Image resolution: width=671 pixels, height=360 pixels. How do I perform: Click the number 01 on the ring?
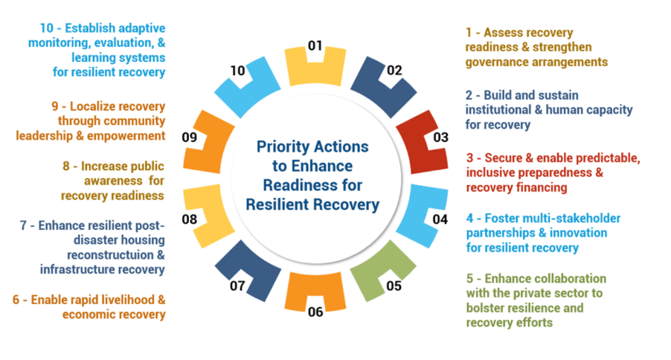click(315, 46)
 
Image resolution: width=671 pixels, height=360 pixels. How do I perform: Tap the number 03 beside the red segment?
click(441, 138)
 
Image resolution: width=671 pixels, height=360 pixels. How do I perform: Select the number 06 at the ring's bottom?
click(315, 312)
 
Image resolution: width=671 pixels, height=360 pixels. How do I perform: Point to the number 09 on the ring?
click(190, 138)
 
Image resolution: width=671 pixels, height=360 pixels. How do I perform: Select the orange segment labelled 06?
click(315, 289)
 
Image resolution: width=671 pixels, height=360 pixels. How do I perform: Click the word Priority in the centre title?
click(281, 147)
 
